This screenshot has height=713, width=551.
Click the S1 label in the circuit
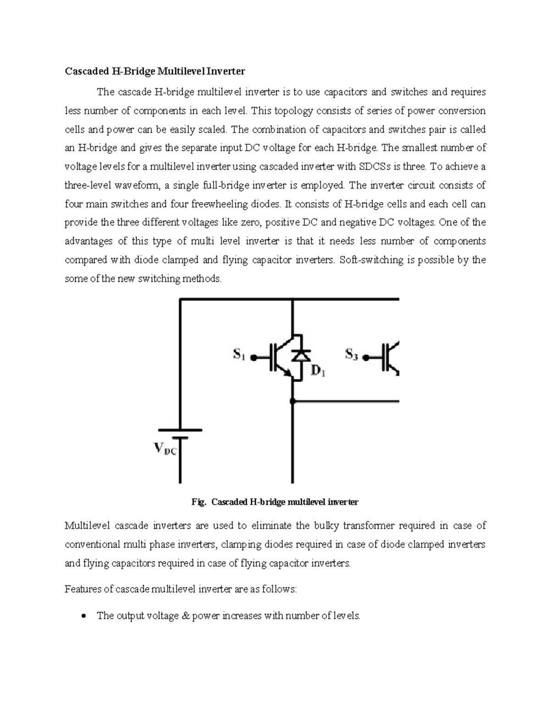tap(239, 354)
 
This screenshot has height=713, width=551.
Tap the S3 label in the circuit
tap(351, 354)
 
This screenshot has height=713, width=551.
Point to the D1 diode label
tap(318, 371)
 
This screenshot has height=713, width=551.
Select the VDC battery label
tap(164, 449)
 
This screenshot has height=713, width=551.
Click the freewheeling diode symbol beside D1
tap(301, 355)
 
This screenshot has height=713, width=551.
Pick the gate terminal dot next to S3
tap(365, 358)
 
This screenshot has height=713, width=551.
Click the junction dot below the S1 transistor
tap(293, 401)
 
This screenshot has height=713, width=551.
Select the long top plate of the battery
tap(180, 430)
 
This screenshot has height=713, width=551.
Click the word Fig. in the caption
tap(198, 502)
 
